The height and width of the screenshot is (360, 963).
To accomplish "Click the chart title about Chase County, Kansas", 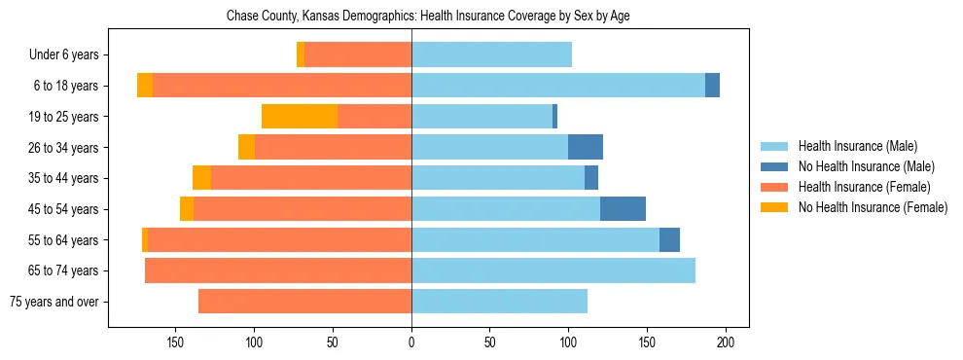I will coord(428,17).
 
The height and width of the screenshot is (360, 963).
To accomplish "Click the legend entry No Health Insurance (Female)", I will coord(873,207).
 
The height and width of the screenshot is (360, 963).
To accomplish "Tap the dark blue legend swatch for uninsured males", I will coord(774,166).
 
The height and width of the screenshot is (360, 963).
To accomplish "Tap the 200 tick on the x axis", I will coord(726,342).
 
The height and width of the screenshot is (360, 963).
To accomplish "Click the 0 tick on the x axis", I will coord(411,342).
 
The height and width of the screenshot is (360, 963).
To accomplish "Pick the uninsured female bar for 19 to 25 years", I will coord(300,117).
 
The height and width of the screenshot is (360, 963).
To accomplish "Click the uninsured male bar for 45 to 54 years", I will coord(623,209).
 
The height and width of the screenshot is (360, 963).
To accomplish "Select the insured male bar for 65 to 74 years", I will coord(553,270).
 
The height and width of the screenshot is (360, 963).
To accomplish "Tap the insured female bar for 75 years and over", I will coord(304,302).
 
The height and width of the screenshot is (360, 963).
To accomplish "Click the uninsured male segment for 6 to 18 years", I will coord(712,86).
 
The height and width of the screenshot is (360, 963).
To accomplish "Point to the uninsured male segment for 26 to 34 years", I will coord(586,148).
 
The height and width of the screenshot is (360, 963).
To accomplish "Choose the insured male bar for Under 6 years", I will coord(491,55).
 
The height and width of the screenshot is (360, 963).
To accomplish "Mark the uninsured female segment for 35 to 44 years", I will coord(201,178).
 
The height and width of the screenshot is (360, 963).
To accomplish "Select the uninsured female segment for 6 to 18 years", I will coord(145,86).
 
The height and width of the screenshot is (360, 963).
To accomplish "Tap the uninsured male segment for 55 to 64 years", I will coord(669,240).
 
